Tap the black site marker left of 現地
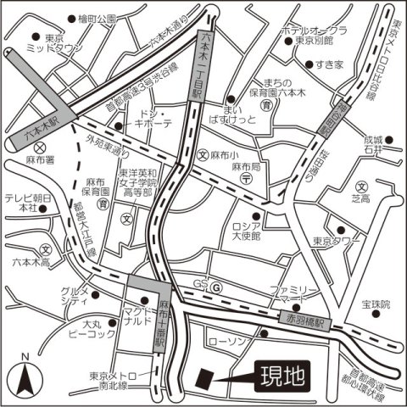pyautogui.click(x=204, y=376)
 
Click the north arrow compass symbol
pyautogui.click(x=25, y=373)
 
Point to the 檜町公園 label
pyautogui.click(x=95, y=19)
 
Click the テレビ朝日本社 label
pyautogui.click(x=22, y=202)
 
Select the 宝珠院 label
pyautogui.click(x=374, y=304)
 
